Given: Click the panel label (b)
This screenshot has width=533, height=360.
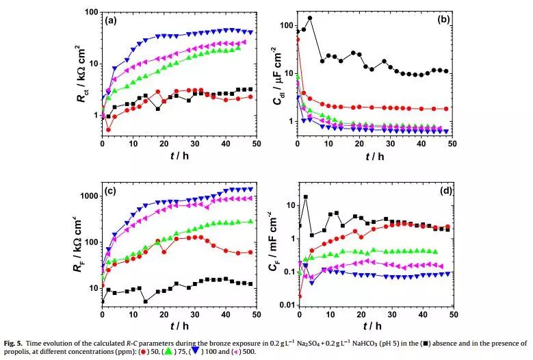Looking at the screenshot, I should pos(441,21).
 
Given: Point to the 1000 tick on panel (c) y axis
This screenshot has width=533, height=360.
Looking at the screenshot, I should pos(88,196).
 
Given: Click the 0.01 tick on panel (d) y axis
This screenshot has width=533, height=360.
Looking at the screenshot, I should pos(285,305).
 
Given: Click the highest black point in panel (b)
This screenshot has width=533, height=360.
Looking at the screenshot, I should pos(309,18).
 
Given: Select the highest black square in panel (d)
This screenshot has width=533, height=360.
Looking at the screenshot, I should pos(305,197).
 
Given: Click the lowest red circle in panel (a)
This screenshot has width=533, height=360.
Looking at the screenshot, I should pos(108,129).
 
